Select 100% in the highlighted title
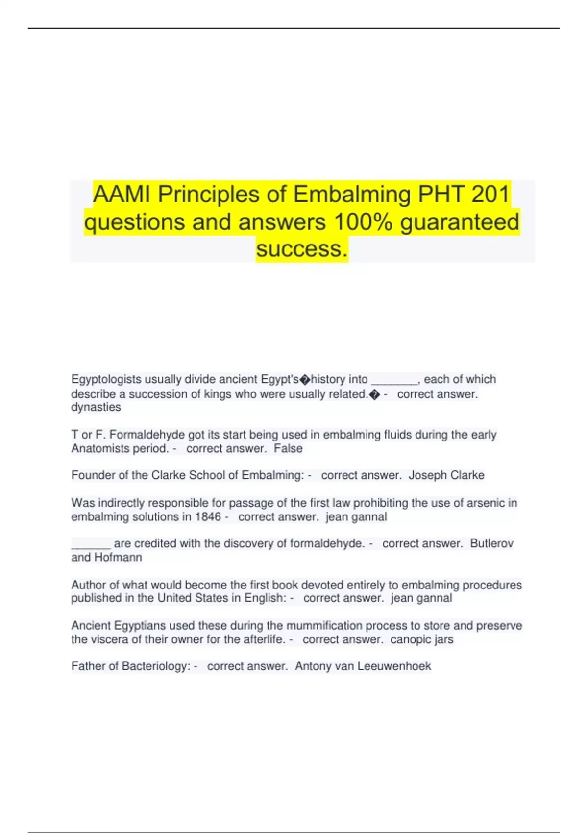[363, 222]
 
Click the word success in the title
[301, 249]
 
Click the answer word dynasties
[96, 407]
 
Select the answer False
[288, 448]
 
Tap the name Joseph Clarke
[446, 475]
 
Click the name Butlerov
[491, 543]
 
